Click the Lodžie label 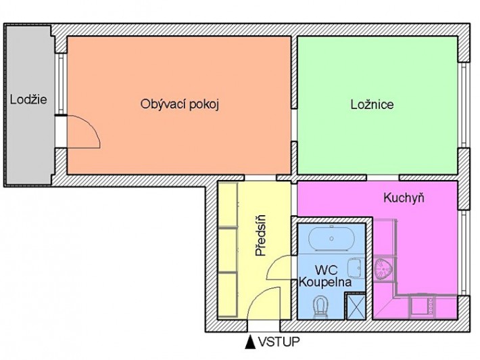(x=28, y=100)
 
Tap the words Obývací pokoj (x=181, y=104)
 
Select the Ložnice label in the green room (x=372, y=105)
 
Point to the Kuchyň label (x=402, y=198)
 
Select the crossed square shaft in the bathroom (x=355, y=307)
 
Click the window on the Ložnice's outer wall (x=464, y=105)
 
